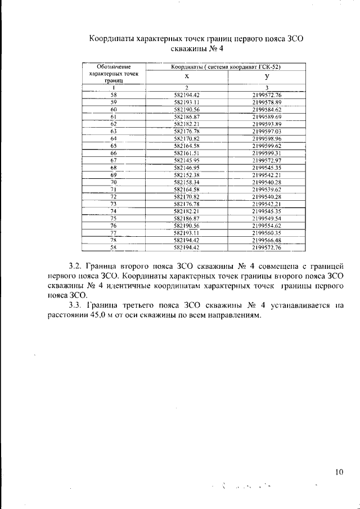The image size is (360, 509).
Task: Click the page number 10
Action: coord(339,472)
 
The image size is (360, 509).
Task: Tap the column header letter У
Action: coord(267,76)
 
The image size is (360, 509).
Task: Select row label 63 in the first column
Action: coord(114,131)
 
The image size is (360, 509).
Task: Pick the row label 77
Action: coord(114,232)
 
